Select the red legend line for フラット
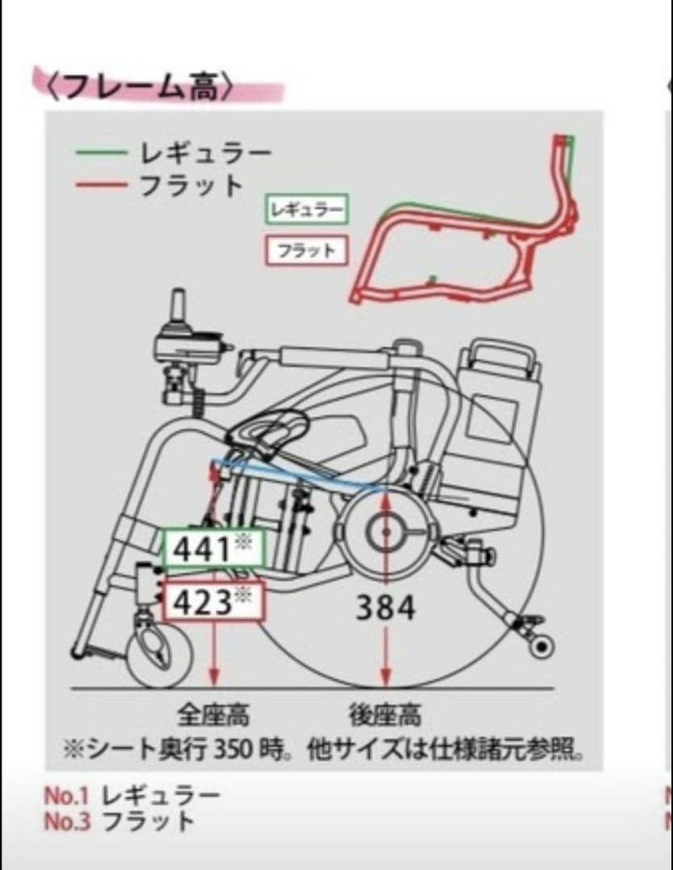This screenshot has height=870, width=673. click(102, 185)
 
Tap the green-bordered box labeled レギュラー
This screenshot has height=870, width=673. click(306, 210)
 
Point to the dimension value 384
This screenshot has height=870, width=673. click(386, 607)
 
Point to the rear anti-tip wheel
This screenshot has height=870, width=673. click(542, 644)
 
